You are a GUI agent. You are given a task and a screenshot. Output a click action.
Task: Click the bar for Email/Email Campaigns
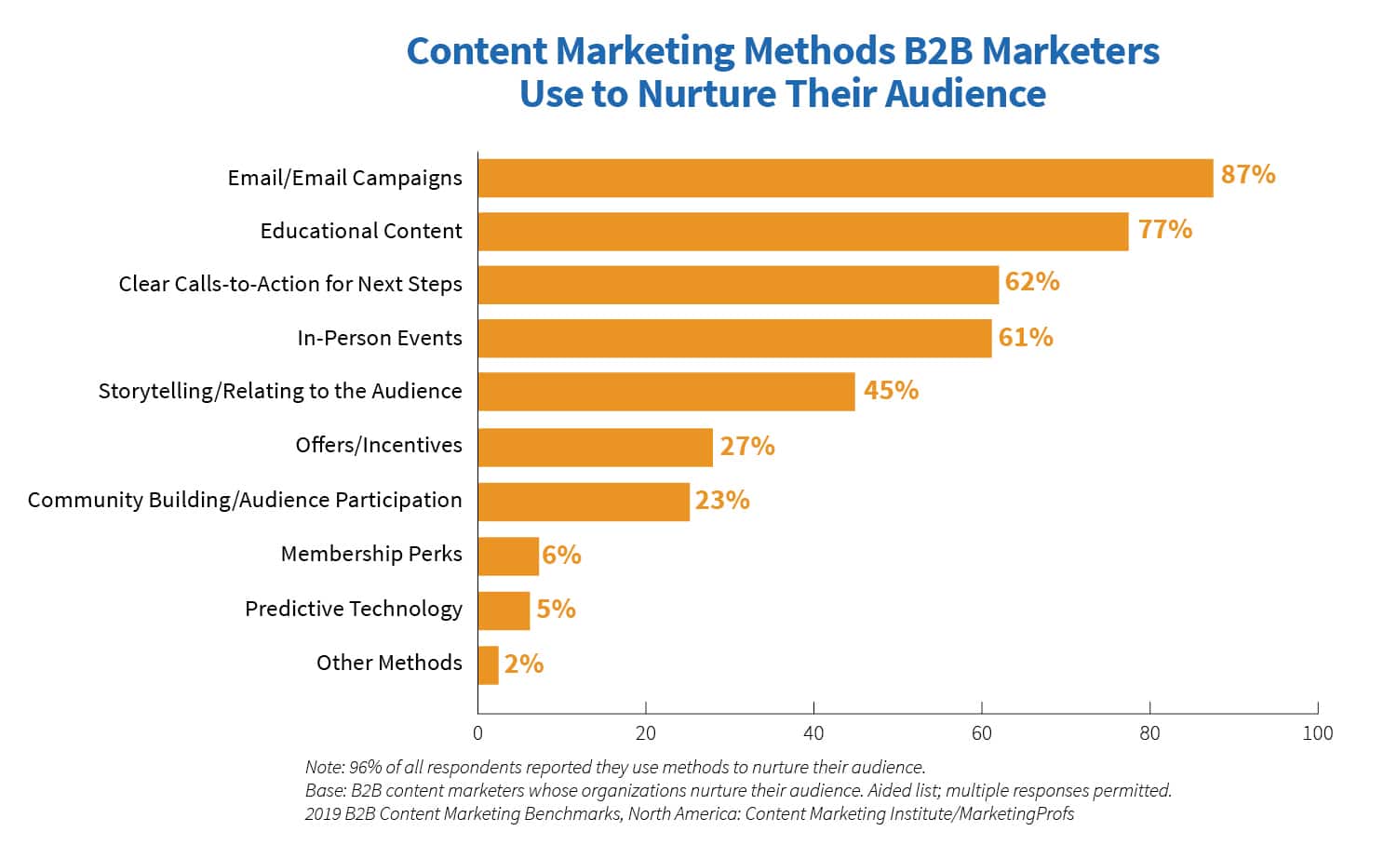coord(845,178)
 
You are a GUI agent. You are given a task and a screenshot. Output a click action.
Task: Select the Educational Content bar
coord(802,231)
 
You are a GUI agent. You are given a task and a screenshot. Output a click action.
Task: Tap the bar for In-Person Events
coord(734,339)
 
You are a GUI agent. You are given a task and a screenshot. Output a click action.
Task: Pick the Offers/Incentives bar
coord(595,447)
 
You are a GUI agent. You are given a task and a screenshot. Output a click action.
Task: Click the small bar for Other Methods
coord(489,665)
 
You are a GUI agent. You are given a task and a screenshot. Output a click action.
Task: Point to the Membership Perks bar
coord(508,556)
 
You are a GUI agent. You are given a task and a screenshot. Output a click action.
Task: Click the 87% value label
coord(1247,174)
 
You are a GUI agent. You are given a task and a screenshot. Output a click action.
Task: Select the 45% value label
coord(891,390)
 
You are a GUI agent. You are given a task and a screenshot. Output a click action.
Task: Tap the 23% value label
coord(721,501)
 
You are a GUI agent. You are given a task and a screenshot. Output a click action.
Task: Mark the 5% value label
coord(556,609)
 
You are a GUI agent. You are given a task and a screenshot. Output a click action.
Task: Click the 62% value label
coord(1032,282)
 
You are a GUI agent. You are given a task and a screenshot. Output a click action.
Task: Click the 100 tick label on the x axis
coord(1317,733)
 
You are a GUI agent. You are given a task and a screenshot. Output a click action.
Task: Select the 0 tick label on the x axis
coord(478,733)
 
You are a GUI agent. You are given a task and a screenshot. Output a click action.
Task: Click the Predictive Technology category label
coord(354,609)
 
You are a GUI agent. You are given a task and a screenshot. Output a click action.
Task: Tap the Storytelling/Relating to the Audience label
coord(280,391)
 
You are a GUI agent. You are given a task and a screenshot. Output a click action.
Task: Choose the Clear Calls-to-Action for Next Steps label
coord(290,285)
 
